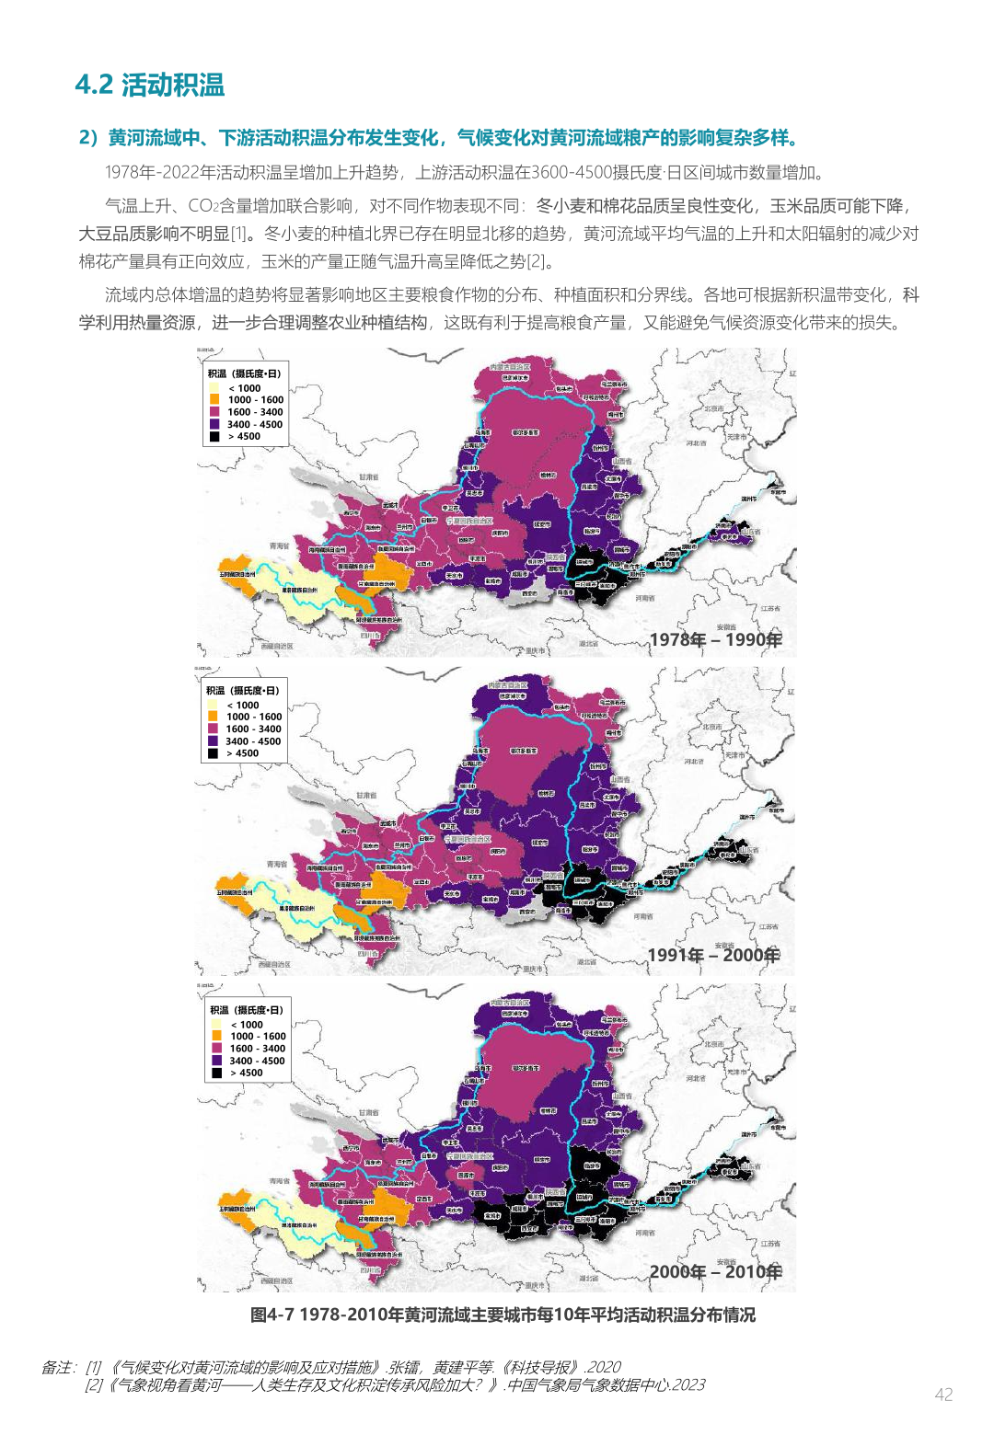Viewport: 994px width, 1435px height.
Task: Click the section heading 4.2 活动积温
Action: (150, 85)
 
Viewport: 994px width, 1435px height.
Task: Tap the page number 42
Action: (943, 1394)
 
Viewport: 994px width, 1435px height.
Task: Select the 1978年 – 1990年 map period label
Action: (715, 639)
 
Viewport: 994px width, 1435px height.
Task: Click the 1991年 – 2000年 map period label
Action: (713, 955)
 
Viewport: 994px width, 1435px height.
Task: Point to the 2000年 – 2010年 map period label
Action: (715, 1271)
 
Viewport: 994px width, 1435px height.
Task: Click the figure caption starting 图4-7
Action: (503, 1314)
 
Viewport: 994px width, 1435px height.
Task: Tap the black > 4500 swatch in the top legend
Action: (214, 437)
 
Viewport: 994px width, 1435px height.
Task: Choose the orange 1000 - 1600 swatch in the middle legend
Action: (213, 717)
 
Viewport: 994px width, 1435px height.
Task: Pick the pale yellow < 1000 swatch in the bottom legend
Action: (216, 1025)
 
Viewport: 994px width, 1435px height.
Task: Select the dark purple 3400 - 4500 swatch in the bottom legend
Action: (216, 1061)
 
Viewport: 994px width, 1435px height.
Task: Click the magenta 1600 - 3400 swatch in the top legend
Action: (214, 412)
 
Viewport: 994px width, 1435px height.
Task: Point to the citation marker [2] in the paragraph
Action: (537, 261)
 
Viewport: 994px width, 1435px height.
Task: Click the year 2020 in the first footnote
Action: (604, 1367)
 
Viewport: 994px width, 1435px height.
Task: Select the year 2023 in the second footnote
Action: (688, 1384)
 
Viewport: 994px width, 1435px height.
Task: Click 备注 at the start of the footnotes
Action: (57, 1367)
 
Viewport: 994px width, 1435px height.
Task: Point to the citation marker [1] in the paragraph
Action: (239, 234)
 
